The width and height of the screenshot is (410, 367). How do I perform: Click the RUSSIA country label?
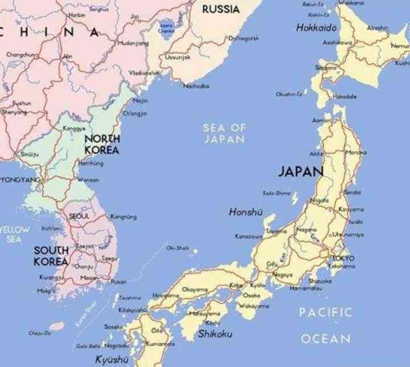tap(220, 9)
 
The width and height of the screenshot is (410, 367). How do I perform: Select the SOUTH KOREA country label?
tap(51, 256)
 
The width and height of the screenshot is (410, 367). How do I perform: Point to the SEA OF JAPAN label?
tap(224, 133)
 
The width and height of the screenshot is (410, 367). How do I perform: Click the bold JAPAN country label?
tap(301, 170)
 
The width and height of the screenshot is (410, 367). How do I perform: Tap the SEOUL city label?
tap(79, 216)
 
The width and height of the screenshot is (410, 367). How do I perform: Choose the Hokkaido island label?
tap(316, 27)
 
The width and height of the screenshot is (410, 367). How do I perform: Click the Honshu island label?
tap(245, 212)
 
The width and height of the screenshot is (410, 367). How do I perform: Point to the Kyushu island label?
tap(112, 360)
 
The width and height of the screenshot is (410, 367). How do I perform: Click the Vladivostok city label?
tap(143, 73)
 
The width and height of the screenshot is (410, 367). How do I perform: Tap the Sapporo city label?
tap(326, 67)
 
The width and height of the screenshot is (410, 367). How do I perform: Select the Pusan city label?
tap(118, 282)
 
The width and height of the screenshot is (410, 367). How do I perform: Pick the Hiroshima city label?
tap(165, 295)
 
